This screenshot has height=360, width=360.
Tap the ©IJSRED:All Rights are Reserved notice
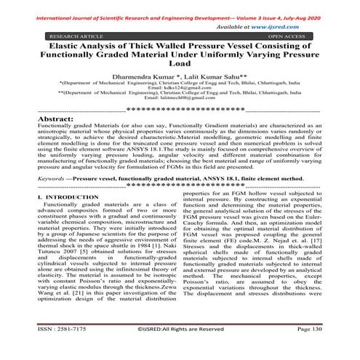pyautogui.click(x=180, y=350)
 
